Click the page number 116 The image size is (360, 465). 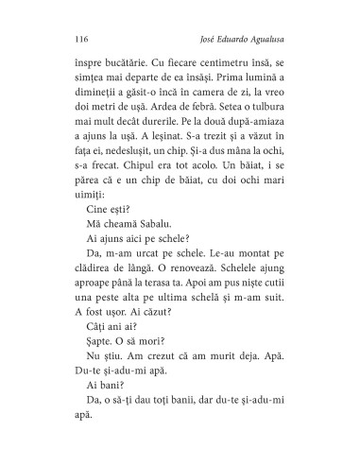79,40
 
